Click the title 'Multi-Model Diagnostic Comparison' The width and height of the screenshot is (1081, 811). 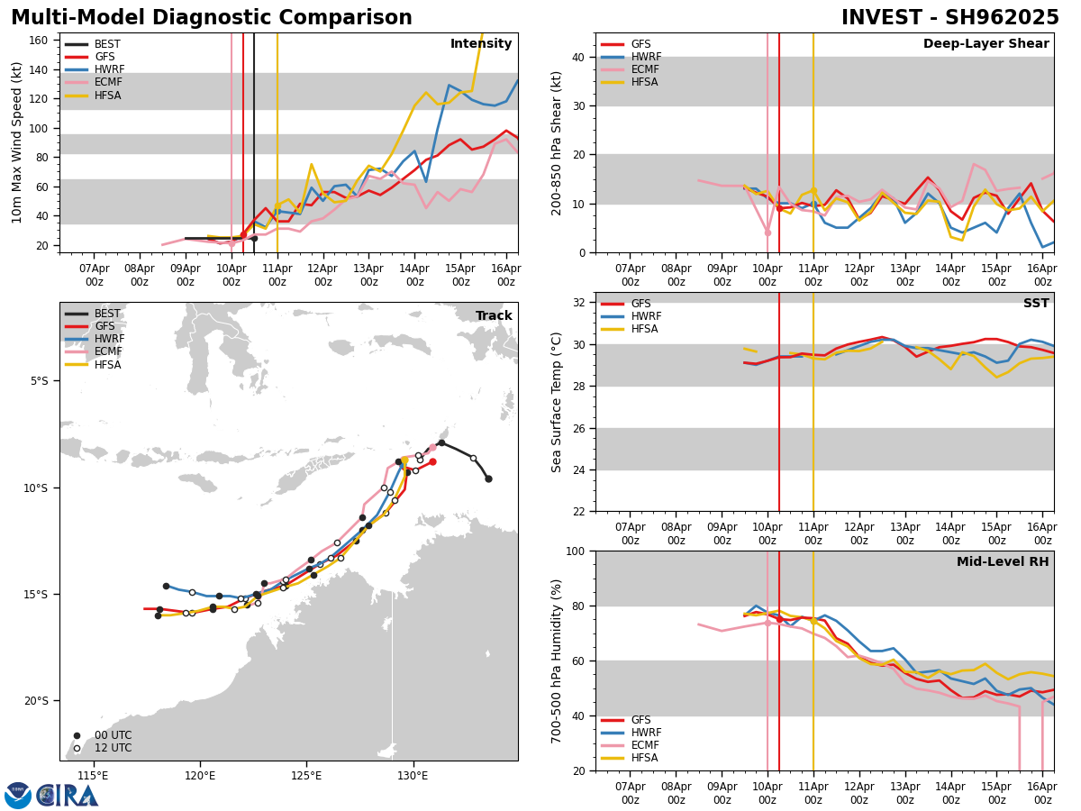point(211,18)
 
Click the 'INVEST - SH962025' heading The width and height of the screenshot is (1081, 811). point(949,18)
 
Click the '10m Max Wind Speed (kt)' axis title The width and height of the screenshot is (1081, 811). point(17,142)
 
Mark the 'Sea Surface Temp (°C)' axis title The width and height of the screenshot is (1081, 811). point(558,402)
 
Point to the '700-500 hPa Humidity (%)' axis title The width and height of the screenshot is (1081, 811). point(558,661)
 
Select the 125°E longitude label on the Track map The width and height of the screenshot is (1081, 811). point(306,775)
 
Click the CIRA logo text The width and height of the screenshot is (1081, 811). point(68,795)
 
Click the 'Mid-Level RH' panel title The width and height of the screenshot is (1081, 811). point(1003,562)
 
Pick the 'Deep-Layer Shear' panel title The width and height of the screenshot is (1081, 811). point(986,44)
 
